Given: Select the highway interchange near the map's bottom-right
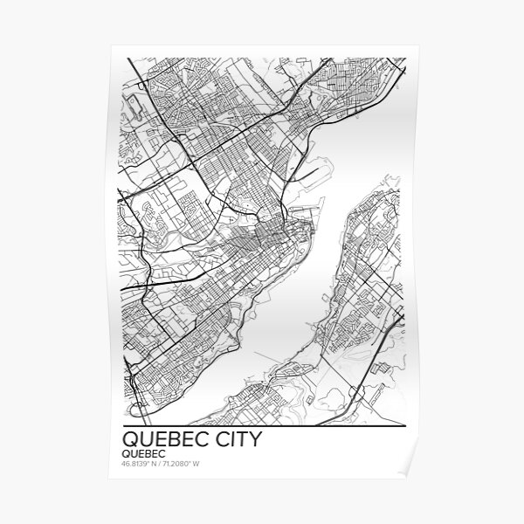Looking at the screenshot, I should point(353,397).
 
